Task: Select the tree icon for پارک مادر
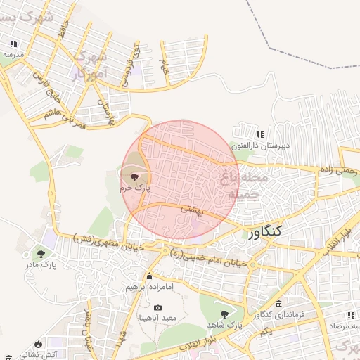coord(42,253)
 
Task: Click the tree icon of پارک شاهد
coord(224,314)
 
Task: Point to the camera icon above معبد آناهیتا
coord(157,307)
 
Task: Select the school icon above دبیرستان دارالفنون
coord(260,134)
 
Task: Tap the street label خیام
coord(164,67)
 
